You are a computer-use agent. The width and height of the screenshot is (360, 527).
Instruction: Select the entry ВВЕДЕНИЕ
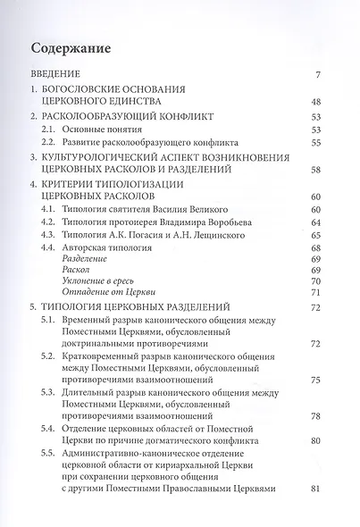pyautogui.click(x=56, y=74)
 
